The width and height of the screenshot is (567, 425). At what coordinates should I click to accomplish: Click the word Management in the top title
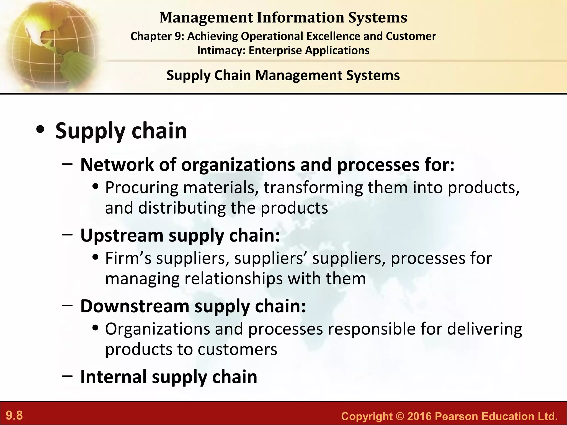point(206,17)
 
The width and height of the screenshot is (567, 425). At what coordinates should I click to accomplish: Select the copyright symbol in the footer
point(400,416)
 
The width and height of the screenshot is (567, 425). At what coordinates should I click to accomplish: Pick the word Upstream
point(122,236)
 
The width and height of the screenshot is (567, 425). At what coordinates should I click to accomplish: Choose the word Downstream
point(135,306)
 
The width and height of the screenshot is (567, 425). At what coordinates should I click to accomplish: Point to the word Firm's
point(128,258)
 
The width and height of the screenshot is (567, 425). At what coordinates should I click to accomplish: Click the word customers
point(237,349)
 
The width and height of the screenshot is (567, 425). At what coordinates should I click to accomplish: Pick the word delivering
point(484,329)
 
